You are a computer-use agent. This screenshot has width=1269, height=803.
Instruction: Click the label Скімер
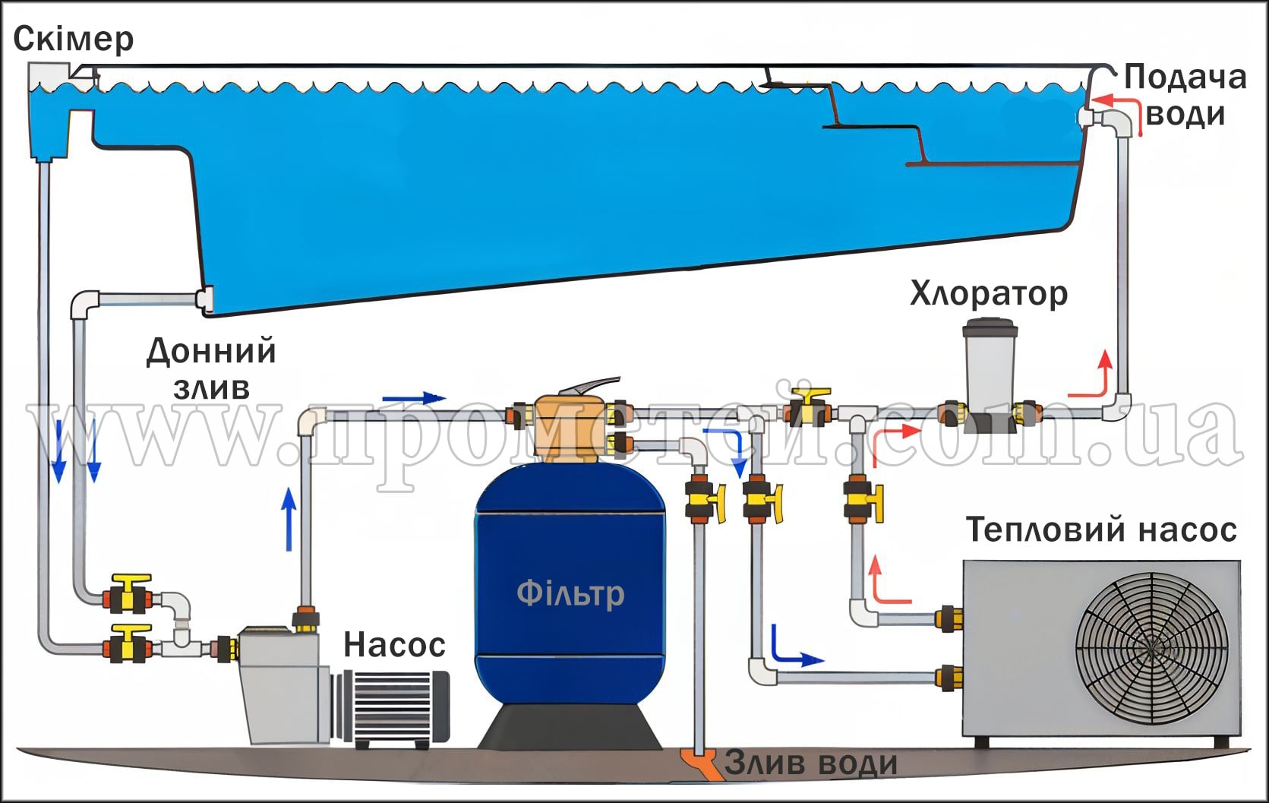[74, 38]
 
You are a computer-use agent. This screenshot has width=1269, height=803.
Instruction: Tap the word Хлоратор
[988, 293]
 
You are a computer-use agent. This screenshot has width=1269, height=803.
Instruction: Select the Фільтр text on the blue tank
[570, 593]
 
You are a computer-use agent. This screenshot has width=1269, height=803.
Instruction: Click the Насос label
[394, 644]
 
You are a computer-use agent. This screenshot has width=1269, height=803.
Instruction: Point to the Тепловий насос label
[1101, 530]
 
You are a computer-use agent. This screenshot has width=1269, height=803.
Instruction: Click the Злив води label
[810, 763]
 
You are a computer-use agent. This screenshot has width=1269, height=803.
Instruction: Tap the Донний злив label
[211, 369]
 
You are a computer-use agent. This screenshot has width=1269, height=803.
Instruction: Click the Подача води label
[1185, 96]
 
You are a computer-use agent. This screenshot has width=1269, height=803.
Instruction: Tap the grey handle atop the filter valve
[597, 386]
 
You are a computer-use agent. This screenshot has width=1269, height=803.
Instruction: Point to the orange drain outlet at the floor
[699, 762]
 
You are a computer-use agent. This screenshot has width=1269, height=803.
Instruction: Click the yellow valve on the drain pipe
[702, 500]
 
